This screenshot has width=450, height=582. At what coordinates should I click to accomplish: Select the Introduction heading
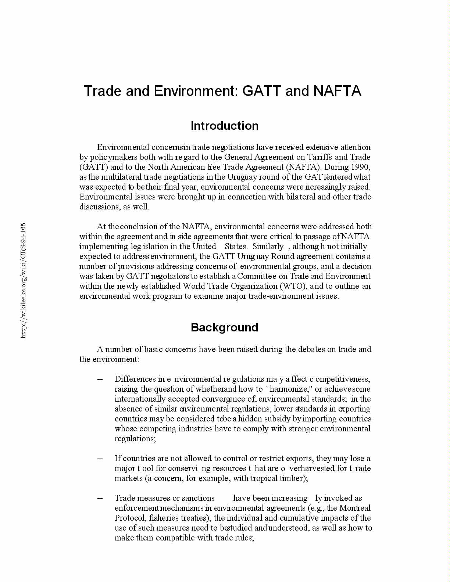click(224, 126)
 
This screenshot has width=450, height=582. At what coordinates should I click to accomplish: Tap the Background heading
click(224, 327)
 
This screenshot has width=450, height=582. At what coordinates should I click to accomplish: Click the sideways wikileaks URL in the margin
click(23, 281)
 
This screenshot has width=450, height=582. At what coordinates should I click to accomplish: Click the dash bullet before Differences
click(100, 379)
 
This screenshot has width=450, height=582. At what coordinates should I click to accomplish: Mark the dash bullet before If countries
click(100, 459)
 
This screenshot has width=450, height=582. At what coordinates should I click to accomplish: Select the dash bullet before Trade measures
click(100, 498)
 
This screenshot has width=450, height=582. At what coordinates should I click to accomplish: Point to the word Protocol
click(131, 518)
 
